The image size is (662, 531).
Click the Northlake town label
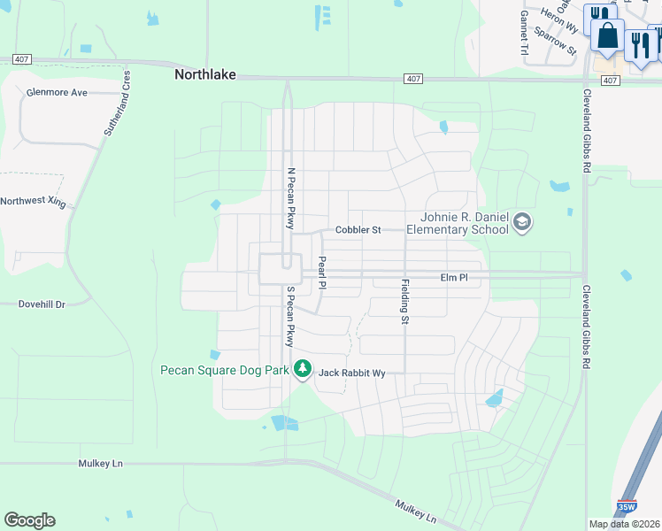point(205,75)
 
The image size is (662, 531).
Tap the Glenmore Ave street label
point(58,92)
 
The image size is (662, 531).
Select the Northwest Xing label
point(34,202)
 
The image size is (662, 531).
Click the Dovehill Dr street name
point(42,304)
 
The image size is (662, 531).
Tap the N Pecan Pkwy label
point(289,199)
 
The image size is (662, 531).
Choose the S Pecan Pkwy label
point(289,316)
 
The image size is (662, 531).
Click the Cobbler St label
point(358,230)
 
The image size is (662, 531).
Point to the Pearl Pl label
point(322,273)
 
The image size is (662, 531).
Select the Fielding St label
point(405,302)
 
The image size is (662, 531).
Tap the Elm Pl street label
point(453,278)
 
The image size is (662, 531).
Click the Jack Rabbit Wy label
point(352,373)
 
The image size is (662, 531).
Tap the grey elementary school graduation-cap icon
point(522,221)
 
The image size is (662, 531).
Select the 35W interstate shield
point(627,507)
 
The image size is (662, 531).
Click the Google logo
point(29,520)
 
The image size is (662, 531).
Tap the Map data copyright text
point(622,524)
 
